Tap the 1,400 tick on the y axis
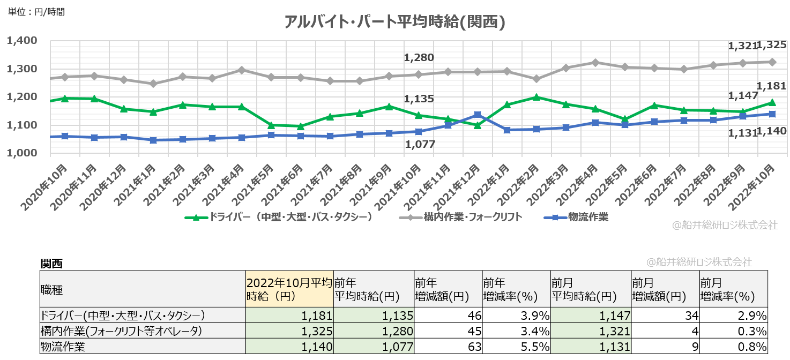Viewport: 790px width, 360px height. [21, 41]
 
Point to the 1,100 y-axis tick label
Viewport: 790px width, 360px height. [21, 125]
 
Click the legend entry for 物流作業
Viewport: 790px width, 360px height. [577, 217]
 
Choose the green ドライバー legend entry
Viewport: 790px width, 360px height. [279, 217]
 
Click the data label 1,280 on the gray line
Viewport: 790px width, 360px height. [419, 57]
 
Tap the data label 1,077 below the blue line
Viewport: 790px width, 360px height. [419, 144]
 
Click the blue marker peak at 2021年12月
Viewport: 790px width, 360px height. [478, 115]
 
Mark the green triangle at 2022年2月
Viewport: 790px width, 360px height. [536, 97]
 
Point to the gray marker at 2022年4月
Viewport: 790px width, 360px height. [595, 63]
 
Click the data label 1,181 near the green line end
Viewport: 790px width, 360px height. [772, 86]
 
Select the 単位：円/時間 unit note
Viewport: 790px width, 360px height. [36, 11]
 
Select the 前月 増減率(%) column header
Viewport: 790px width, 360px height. [727, 289]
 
